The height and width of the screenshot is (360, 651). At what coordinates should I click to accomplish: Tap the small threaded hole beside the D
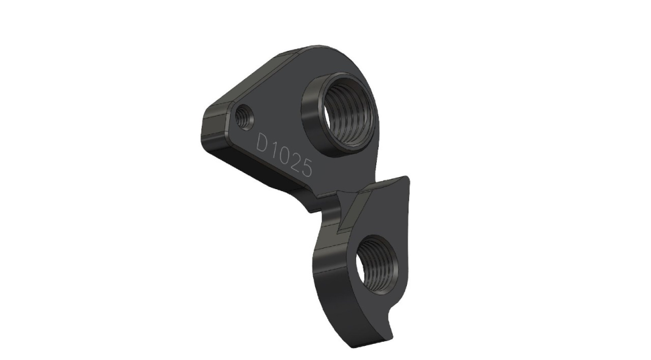coord(244,117)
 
